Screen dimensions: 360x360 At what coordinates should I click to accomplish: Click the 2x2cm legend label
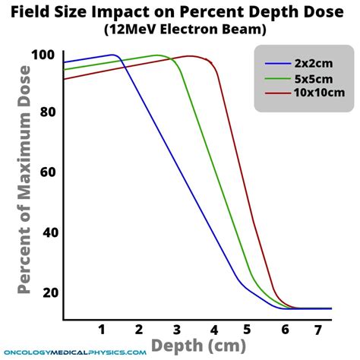(314, 63)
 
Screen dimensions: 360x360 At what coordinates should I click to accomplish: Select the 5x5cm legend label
(314, 79)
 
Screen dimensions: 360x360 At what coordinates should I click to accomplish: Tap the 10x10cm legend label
(319, 93)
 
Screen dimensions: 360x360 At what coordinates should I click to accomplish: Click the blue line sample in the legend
(278, 63)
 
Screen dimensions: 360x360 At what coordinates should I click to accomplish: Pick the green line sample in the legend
(278, 79)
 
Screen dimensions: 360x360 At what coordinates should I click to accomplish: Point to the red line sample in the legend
(278, 93)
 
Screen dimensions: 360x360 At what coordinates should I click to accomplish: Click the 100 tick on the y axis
(43, 55)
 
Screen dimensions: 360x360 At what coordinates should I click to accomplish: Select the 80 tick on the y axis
(48, 112)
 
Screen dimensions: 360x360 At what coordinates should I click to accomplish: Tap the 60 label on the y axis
(48, 172)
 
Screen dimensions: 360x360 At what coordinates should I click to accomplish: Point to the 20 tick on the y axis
(50, 292)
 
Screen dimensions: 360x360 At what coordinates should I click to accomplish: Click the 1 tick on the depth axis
(102, 330)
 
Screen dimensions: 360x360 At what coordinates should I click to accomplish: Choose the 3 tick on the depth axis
(177, 330)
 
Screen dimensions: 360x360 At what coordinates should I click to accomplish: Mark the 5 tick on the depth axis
(247, 330)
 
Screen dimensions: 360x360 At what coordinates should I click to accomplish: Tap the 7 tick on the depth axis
(317, 330)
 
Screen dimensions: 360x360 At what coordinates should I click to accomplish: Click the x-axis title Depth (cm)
(198, 346)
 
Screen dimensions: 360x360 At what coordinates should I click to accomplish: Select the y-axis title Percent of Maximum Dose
(24, 180)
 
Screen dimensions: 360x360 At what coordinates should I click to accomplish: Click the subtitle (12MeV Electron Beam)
(185, 30)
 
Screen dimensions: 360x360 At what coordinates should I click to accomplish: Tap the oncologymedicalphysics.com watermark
(75, 352)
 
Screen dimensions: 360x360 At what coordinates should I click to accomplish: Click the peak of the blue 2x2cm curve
(112, 55)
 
